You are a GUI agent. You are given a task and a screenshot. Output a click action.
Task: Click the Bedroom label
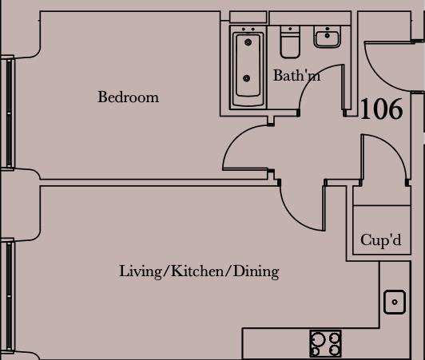128,97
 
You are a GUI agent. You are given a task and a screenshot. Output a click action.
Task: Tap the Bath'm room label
296,77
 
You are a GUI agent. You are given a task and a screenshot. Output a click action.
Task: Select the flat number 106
381,109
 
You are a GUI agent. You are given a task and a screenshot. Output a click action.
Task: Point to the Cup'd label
380,240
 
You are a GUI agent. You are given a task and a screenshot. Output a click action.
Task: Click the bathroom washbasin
327,37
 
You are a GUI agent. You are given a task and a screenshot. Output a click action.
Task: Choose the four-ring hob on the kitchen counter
325,344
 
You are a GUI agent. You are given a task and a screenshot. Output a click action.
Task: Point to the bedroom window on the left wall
8,112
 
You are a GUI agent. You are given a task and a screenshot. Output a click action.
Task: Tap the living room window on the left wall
8,295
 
